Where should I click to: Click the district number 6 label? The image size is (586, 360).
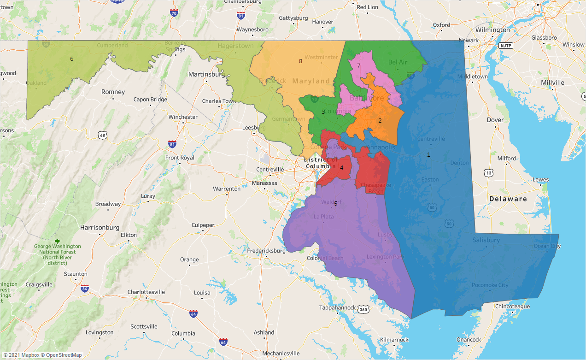click(x=71, y=59)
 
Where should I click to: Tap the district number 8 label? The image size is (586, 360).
click(x=300, y=61)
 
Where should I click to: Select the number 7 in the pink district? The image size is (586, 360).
click(x=358, y=65)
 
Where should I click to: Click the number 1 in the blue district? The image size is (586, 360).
click(x=428, y=155)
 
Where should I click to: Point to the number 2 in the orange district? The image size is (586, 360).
click(x=380, y=120)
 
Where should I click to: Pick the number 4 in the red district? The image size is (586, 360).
click(x=341, y=168)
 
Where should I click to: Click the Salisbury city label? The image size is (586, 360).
click(x=486, y=240)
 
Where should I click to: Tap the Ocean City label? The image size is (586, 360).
click(x=547, y=246)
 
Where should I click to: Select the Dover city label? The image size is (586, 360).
click(x=495, y=120)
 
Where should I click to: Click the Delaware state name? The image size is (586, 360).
click(x=508, y=199)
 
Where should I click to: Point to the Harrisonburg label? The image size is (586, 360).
click(x=100, y=228)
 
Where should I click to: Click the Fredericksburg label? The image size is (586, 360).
click(x=266, y=251)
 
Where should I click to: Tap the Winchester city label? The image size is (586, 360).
click(x=183, y=117)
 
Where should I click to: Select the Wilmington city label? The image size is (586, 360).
click(x=492, y=30)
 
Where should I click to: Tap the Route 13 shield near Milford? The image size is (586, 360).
click(x=488, y=172)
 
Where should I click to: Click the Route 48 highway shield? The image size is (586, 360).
click(x=103, y=135)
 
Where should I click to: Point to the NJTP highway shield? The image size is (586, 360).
click(x=505, y=46)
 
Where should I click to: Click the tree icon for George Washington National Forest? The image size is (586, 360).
click(x=57, y=242)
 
